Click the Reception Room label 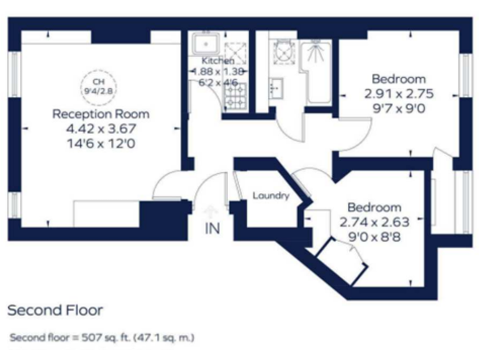(x=101, y=114)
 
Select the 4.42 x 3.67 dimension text (x=101, y=129)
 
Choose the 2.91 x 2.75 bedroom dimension (x=398, y=94)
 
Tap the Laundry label (x=271, y=196)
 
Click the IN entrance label (x=212, y=228)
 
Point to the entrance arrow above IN (x=210, y=211)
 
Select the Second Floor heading (x=55, y=310)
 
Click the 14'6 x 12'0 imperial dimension (x=101, y=143)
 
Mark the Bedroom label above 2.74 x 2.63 (x=374, y=207)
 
